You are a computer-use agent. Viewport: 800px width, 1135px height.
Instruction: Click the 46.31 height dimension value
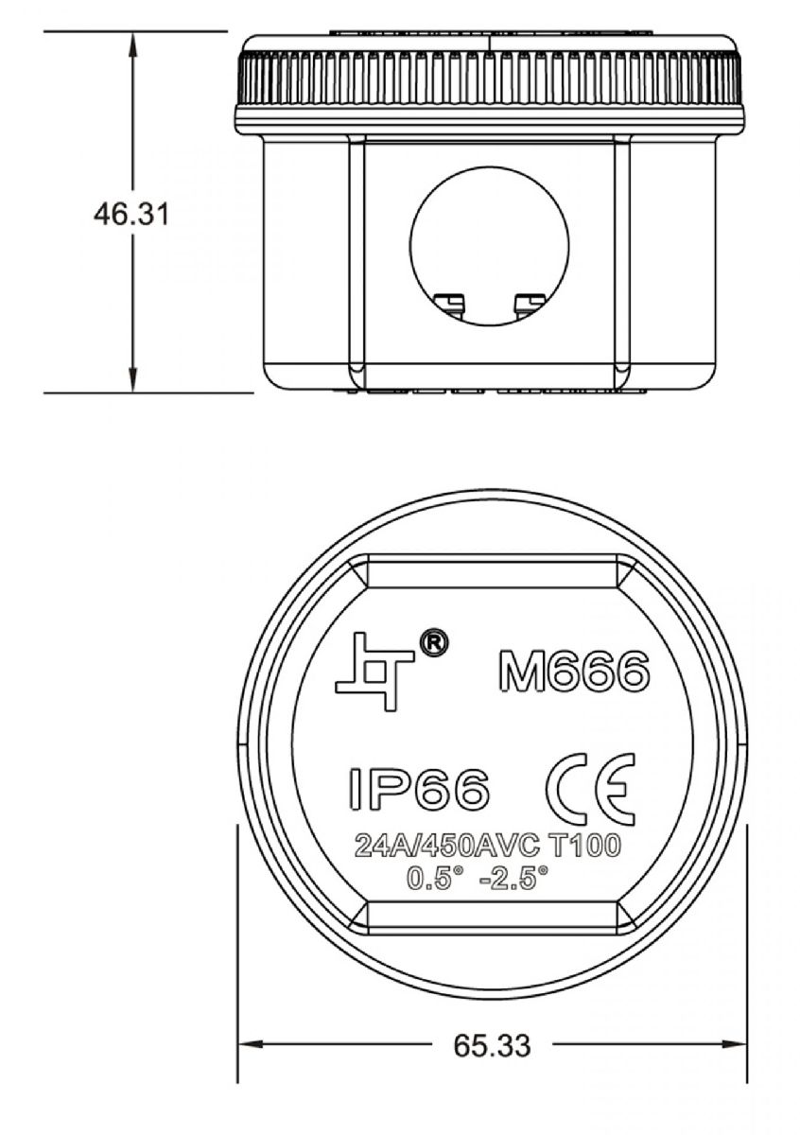130,214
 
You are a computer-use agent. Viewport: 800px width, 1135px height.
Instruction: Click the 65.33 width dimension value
491,1045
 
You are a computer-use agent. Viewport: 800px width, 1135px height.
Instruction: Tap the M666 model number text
573,672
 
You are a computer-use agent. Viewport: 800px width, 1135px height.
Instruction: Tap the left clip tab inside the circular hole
450,302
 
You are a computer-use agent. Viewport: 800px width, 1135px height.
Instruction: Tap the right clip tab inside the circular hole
528,302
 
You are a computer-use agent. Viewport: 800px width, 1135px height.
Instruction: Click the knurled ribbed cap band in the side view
489,79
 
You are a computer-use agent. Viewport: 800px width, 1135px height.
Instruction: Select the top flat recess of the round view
489,571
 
